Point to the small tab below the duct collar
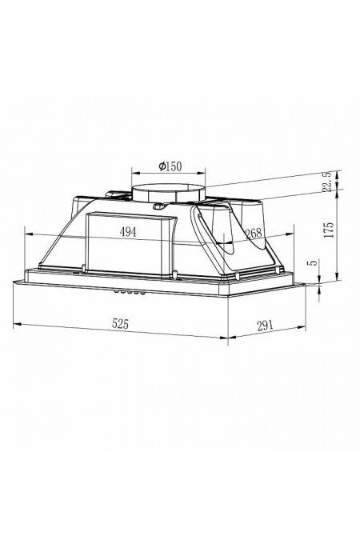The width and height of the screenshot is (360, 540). tap(159, 207)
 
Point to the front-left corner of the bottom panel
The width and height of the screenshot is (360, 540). tap(14, 282)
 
